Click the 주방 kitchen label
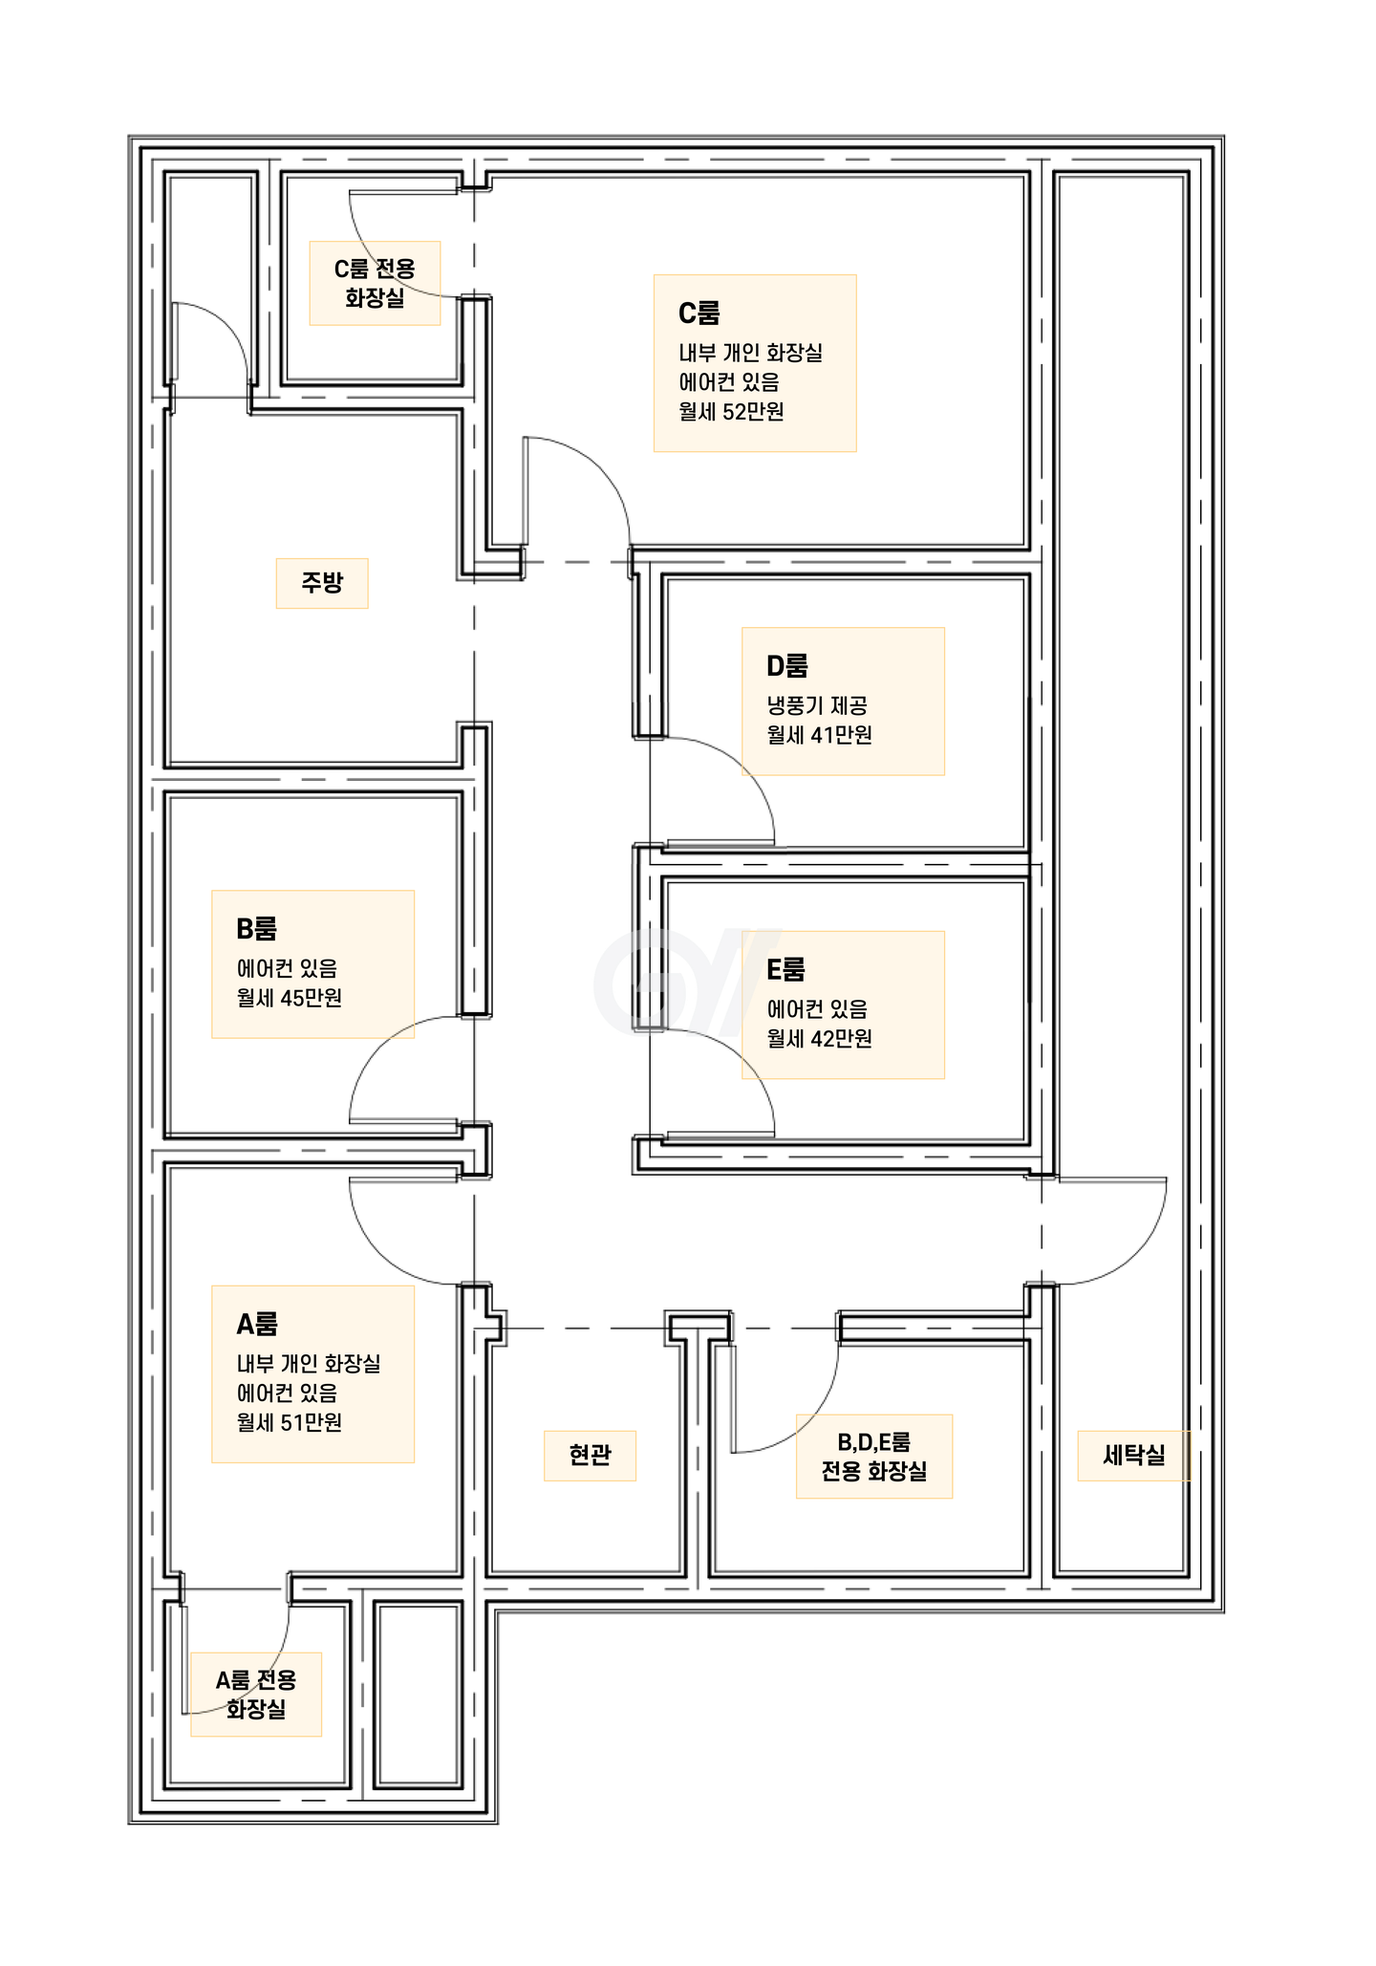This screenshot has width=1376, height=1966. click(322, 582)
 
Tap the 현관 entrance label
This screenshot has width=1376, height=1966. click(590, 1455)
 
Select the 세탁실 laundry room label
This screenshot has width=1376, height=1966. click(1134, 1455)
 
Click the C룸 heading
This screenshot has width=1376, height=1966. click(699, 313)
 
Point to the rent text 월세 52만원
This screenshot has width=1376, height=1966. click(731, 412)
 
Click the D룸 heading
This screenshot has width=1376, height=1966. click(786, 666)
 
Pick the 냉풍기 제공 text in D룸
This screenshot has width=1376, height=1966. click(817, 706)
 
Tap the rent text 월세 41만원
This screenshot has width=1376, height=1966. click(819, 735)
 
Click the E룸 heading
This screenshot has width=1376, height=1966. click(785, 970)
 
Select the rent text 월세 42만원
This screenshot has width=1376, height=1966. click(819, 1039)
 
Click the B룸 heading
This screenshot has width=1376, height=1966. click(256, 929)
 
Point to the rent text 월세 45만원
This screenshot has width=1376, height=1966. click(289, 998)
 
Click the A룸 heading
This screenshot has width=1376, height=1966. click(257, 1325)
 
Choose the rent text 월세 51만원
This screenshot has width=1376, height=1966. click(289, 1423)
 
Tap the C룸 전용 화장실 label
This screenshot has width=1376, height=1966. click(375, 283)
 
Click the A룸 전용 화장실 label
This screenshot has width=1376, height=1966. click(256, 1694)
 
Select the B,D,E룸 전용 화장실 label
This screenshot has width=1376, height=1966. click(873, 1456)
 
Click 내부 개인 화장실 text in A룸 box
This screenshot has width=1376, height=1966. click(308, 1364)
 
